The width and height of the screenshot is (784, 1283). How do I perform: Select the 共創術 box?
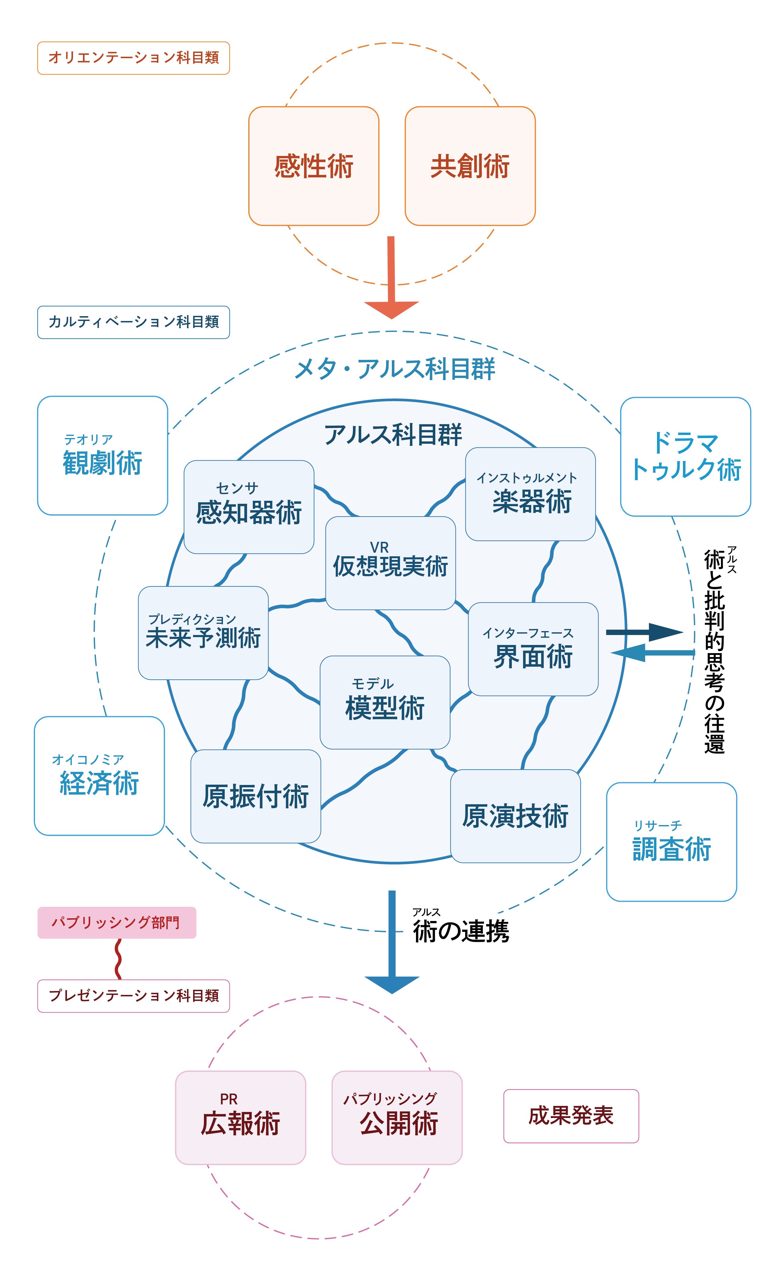pos(470,166)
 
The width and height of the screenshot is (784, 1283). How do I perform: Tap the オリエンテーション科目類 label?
pos(133,58)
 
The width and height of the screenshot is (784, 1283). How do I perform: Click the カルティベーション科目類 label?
pos(133,322)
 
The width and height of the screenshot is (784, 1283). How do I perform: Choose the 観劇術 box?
pos(103,456)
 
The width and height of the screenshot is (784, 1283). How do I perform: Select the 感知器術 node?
pos(249,507)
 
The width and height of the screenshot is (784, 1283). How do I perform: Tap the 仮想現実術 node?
pos(390,563)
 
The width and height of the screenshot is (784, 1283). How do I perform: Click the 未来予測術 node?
pos(203,633)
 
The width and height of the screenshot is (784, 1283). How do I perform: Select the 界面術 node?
pos(533,649)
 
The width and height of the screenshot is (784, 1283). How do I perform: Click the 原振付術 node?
pos(256,796)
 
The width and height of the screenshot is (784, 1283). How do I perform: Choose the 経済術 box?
pos(100,776)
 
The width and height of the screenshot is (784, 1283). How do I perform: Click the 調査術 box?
pos(671,842)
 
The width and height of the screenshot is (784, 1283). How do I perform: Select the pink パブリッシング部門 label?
pos(117,923)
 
